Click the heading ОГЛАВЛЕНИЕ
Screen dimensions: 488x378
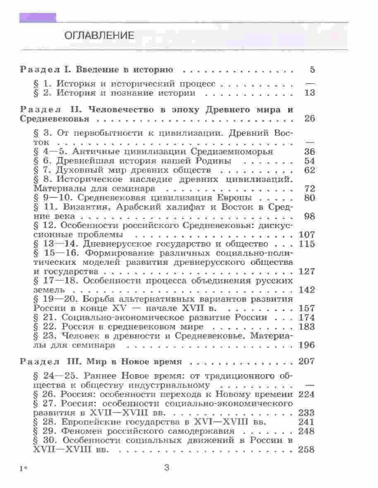click(x=99, y=36)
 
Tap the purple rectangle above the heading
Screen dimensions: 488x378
click(x=38, y=17)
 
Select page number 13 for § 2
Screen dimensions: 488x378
click(x=309, y=93)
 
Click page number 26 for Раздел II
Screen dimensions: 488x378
click(x=309, y=119)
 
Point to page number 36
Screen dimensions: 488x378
click(x=309, y=151)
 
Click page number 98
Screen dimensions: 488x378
click(x=309, y=216)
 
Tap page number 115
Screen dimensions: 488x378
click(x=306, y=244)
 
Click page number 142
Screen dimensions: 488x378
click(x=306, y=290)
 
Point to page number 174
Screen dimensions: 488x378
click(x=306, y=317)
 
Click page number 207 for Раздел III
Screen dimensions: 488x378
click(x=306, y=361)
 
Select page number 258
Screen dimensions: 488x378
click(x=306, y=450)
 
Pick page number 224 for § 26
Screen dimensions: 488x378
click(x=306, y=394)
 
